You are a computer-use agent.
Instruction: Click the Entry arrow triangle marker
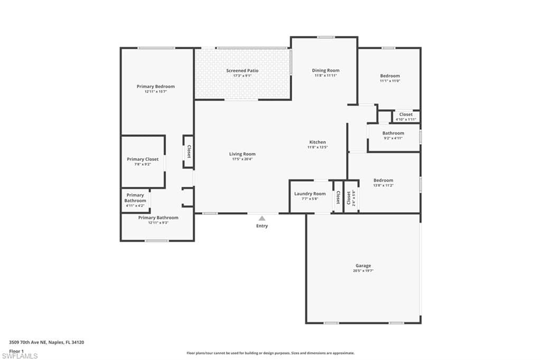[262, 218]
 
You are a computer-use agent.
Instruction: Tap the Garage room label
[363, 266]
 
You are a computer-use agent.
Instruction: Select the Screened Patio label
[242, 70]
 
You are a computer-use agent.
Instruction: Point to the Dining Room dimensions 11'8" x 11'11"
[325, 75]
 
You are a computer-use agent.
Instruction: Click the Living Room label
[242, 154]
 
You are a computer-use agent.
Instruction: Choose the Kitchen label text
[318, 142]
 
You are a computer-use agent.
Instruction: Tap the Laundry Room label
[310, 194]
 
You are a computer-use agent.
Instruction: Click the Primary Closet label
[143, 159]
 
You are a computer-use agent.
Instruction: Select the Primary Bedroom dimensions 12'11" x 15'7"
[156, 91]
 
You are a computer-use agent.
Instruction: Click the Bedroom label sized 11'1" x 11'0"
[390, 76]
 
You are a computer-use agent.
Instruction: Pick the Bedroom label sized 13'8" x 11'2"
[383, 180]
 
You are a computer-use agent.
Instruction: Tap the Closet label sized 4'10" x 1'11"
[406, 115]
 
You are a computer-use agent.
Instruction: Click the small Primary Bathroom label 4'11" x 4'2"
[135, 198]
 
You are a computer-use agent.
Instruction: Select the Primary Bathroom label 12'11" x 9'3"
[158, 217]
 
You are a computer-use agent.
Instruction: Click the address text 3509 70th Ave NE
[46, 342]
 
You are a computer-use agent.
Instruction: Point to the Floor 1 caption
[16, 350]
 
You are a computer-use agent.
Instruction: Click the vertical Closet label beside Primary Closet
[188, 151]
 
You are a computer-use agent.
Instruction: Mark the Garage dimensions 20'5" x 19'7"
[363, 271]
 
